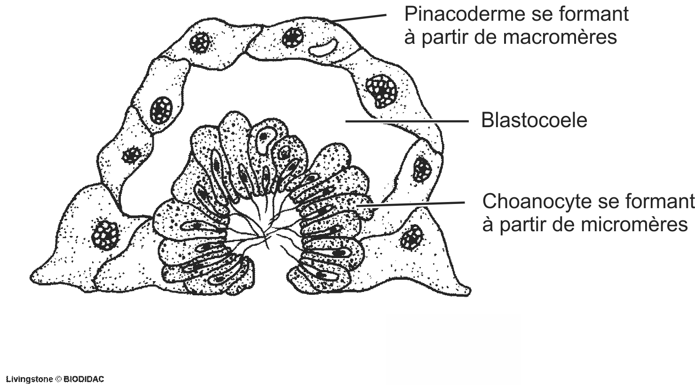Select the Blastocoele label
click(534, 121)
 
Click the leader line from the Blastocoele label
click(407, 122)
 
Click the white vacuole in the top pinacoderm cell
click(323, 47)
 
